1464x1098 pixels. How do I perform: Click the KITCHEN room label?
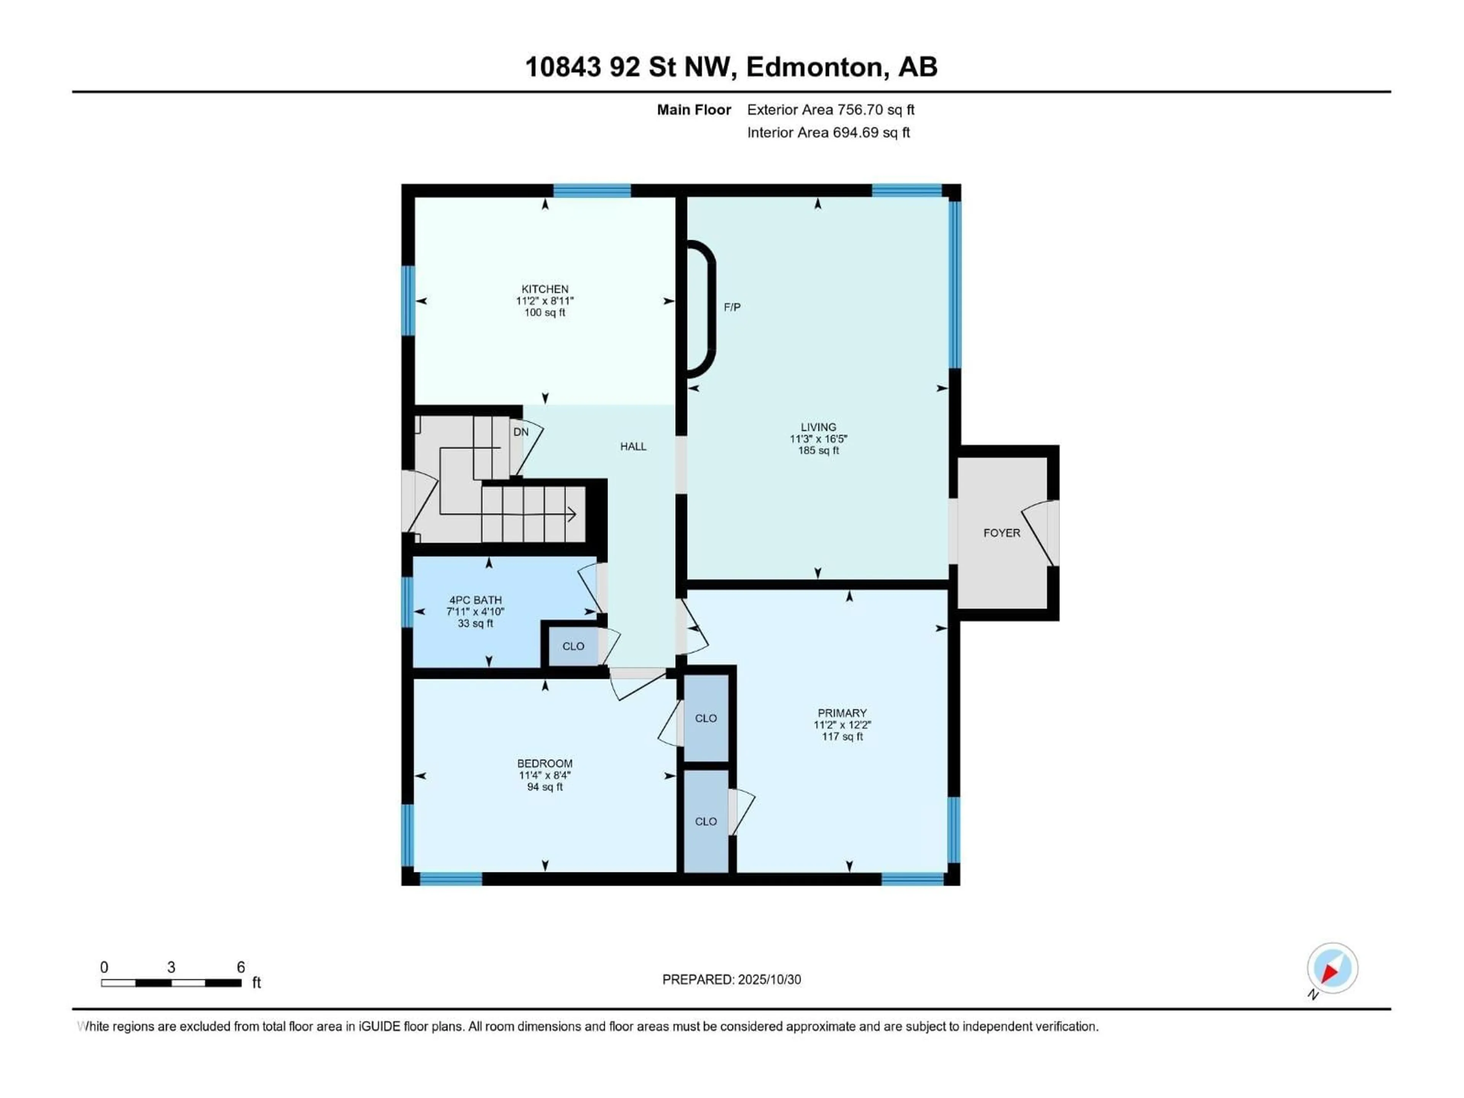(x=545, y=289)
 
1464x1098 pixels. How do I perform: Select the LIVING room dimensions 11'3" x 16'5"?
(x=818, y=439)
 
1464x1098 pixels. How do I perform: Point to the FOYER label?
(x=1002, y=533)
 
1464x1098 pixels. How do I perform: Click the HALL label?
(x=633, y=447)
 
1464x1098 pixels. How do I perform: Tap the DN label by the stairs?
(x=521, y=432)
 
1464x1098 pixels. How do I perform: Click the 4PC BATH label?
(x=475, y=600)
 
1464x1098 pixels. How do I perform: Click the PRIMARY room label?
(x=842, y=713)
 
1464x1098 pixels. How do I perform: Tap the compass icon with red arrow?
(x=1332, y=969)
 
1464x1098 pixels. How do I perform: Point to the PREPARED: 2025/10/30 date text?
(x=731, y=979)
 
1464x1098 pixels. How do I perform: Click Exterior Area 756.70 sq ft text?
(x=831, y=110)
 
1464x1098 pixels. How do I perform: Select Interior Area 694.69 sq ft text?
(x=828, y=132)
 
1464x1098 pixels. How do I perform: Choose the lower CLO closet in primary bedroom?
(x=706, y=821)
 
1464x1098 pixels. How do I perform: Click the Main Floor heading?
(x=693, y=110)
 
